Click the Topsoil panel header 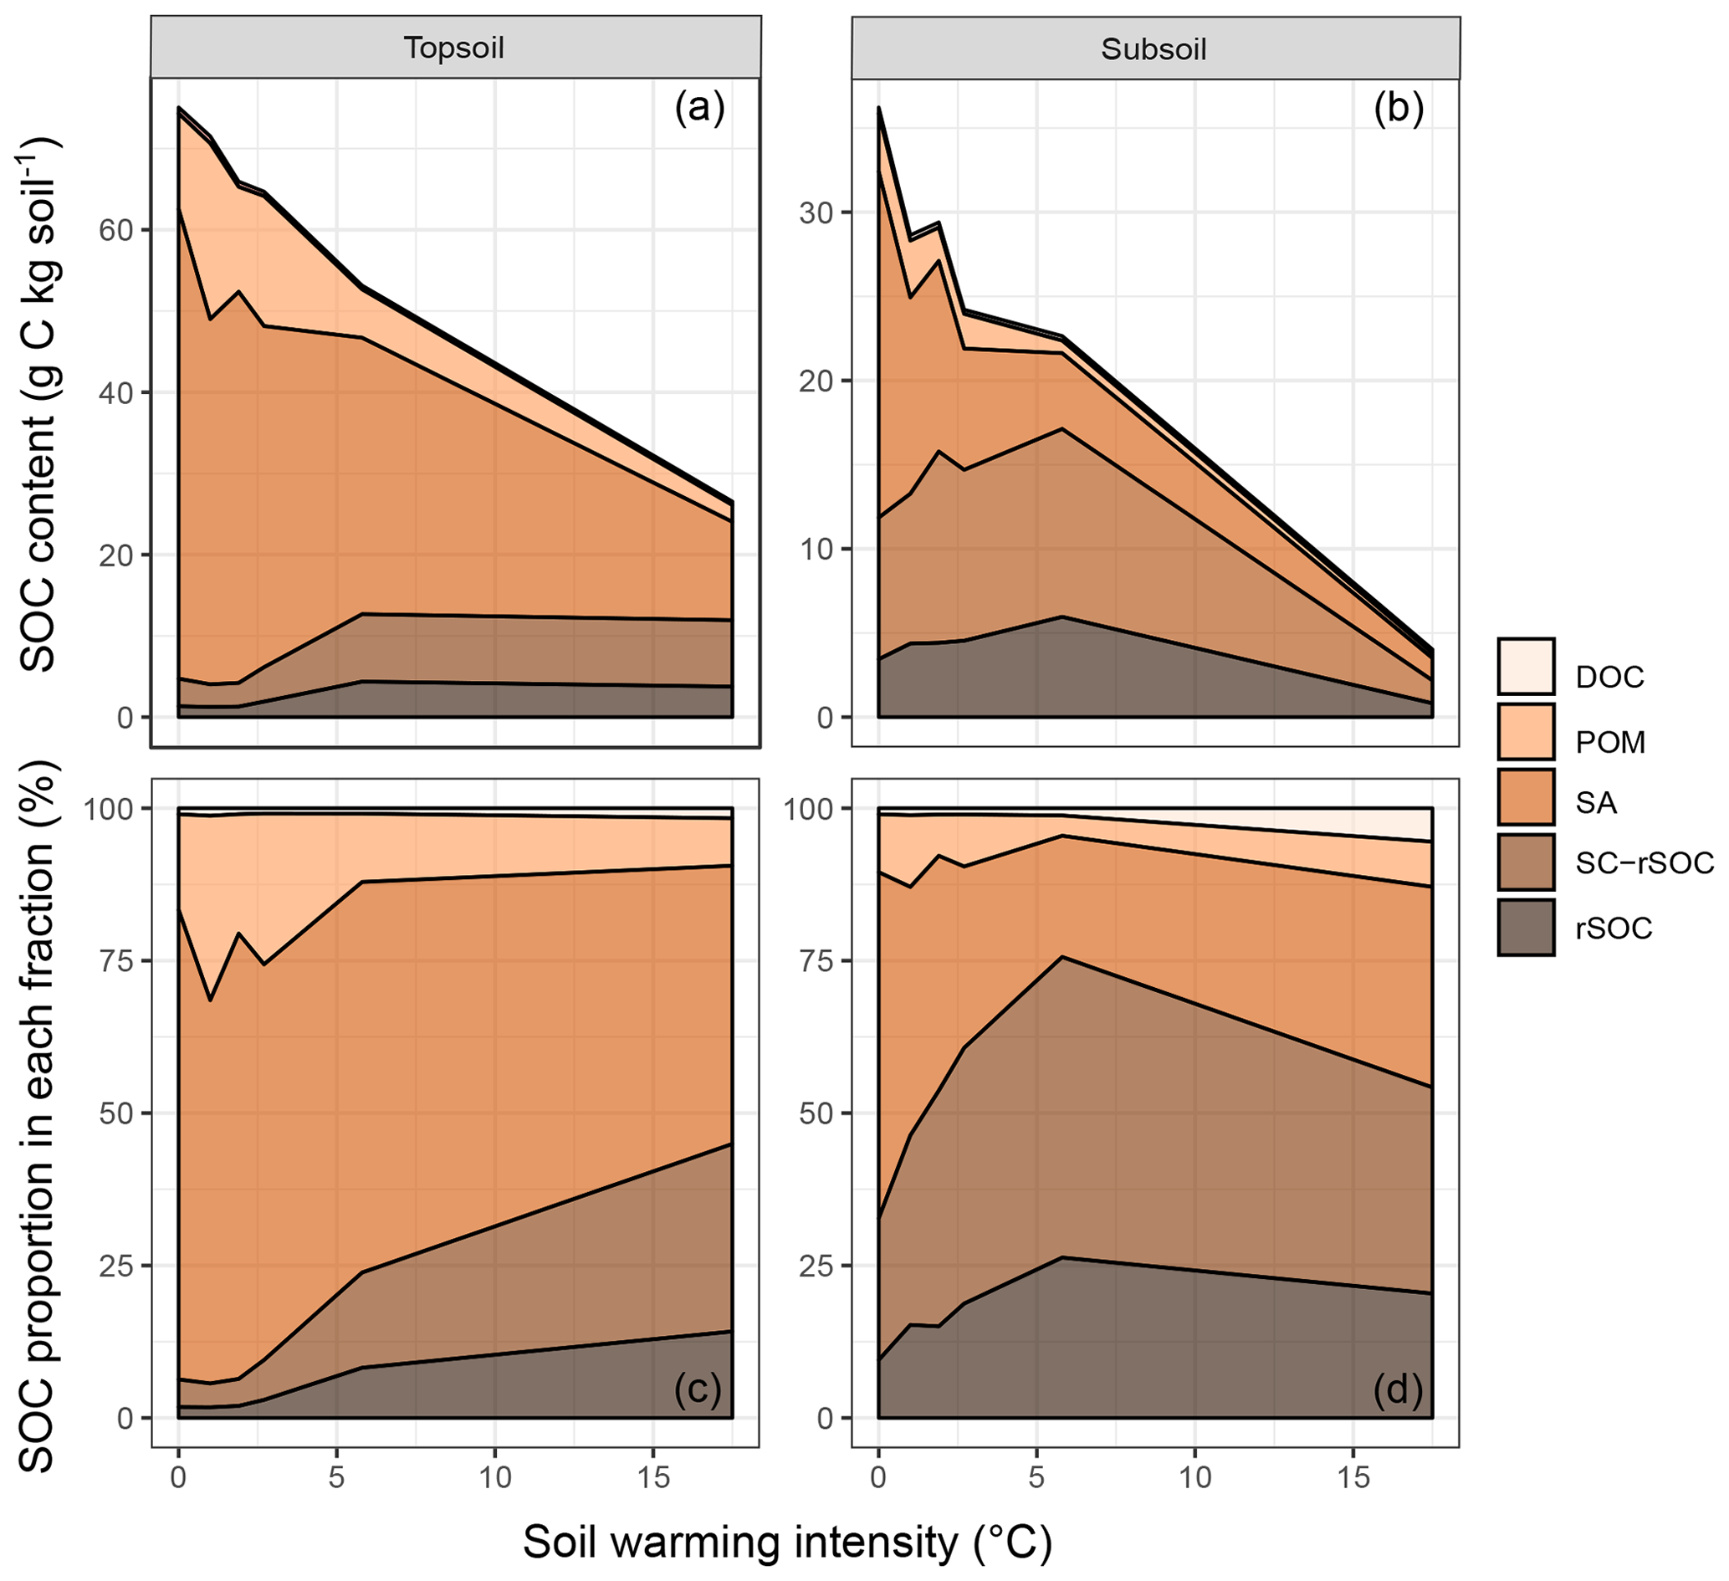point(455,48)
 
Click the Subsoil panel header point(1154,49)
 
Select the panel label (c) point(698,1390)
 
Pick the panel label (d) point(1398,1390)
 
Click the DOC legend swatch point(1527,666)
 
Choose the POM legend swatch point(1527,731)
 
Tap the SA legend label point(1596,802)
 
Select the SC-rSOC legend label point(1644,864)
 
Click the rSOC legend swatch point(1527,928)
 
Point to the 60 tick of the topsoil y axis point(115,231)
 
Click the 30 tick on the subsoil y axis point(816,212)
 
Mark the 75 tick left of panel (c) point(115,961)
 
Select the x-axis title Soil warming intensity point(787,1542)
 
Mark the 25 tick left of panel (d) point(816,1266)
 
